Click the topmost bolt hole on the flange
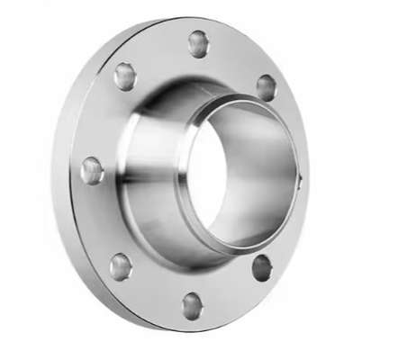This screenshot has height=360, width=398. point(198,42)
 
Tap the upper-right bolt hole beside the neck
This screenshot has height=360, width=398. point(266,87)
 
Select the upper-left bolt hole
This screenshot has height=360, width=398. point(124,77)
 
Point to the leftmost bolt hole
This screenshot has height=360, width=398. point(92,170)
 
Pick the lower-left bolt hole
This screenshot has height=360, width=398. point(120,265)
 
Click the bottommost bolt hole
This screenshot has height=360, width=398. point(192,306)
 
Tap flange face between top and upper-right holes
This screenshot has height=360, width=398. point(236,58)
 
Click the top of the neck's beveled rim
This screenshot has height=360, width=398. point(248,101)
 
